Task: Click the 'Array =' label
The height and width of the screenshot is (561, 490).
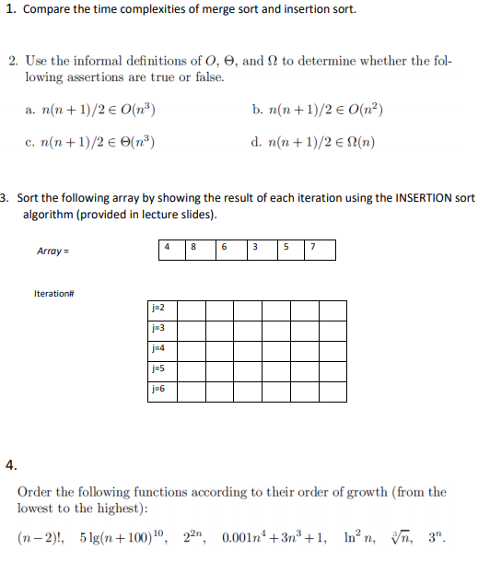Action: coord(52,251)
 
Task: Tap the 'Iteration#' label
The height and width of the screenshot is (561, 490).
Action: coord(53,293)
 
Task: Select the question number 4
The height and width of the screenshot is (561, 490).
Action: coord(10,464)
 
